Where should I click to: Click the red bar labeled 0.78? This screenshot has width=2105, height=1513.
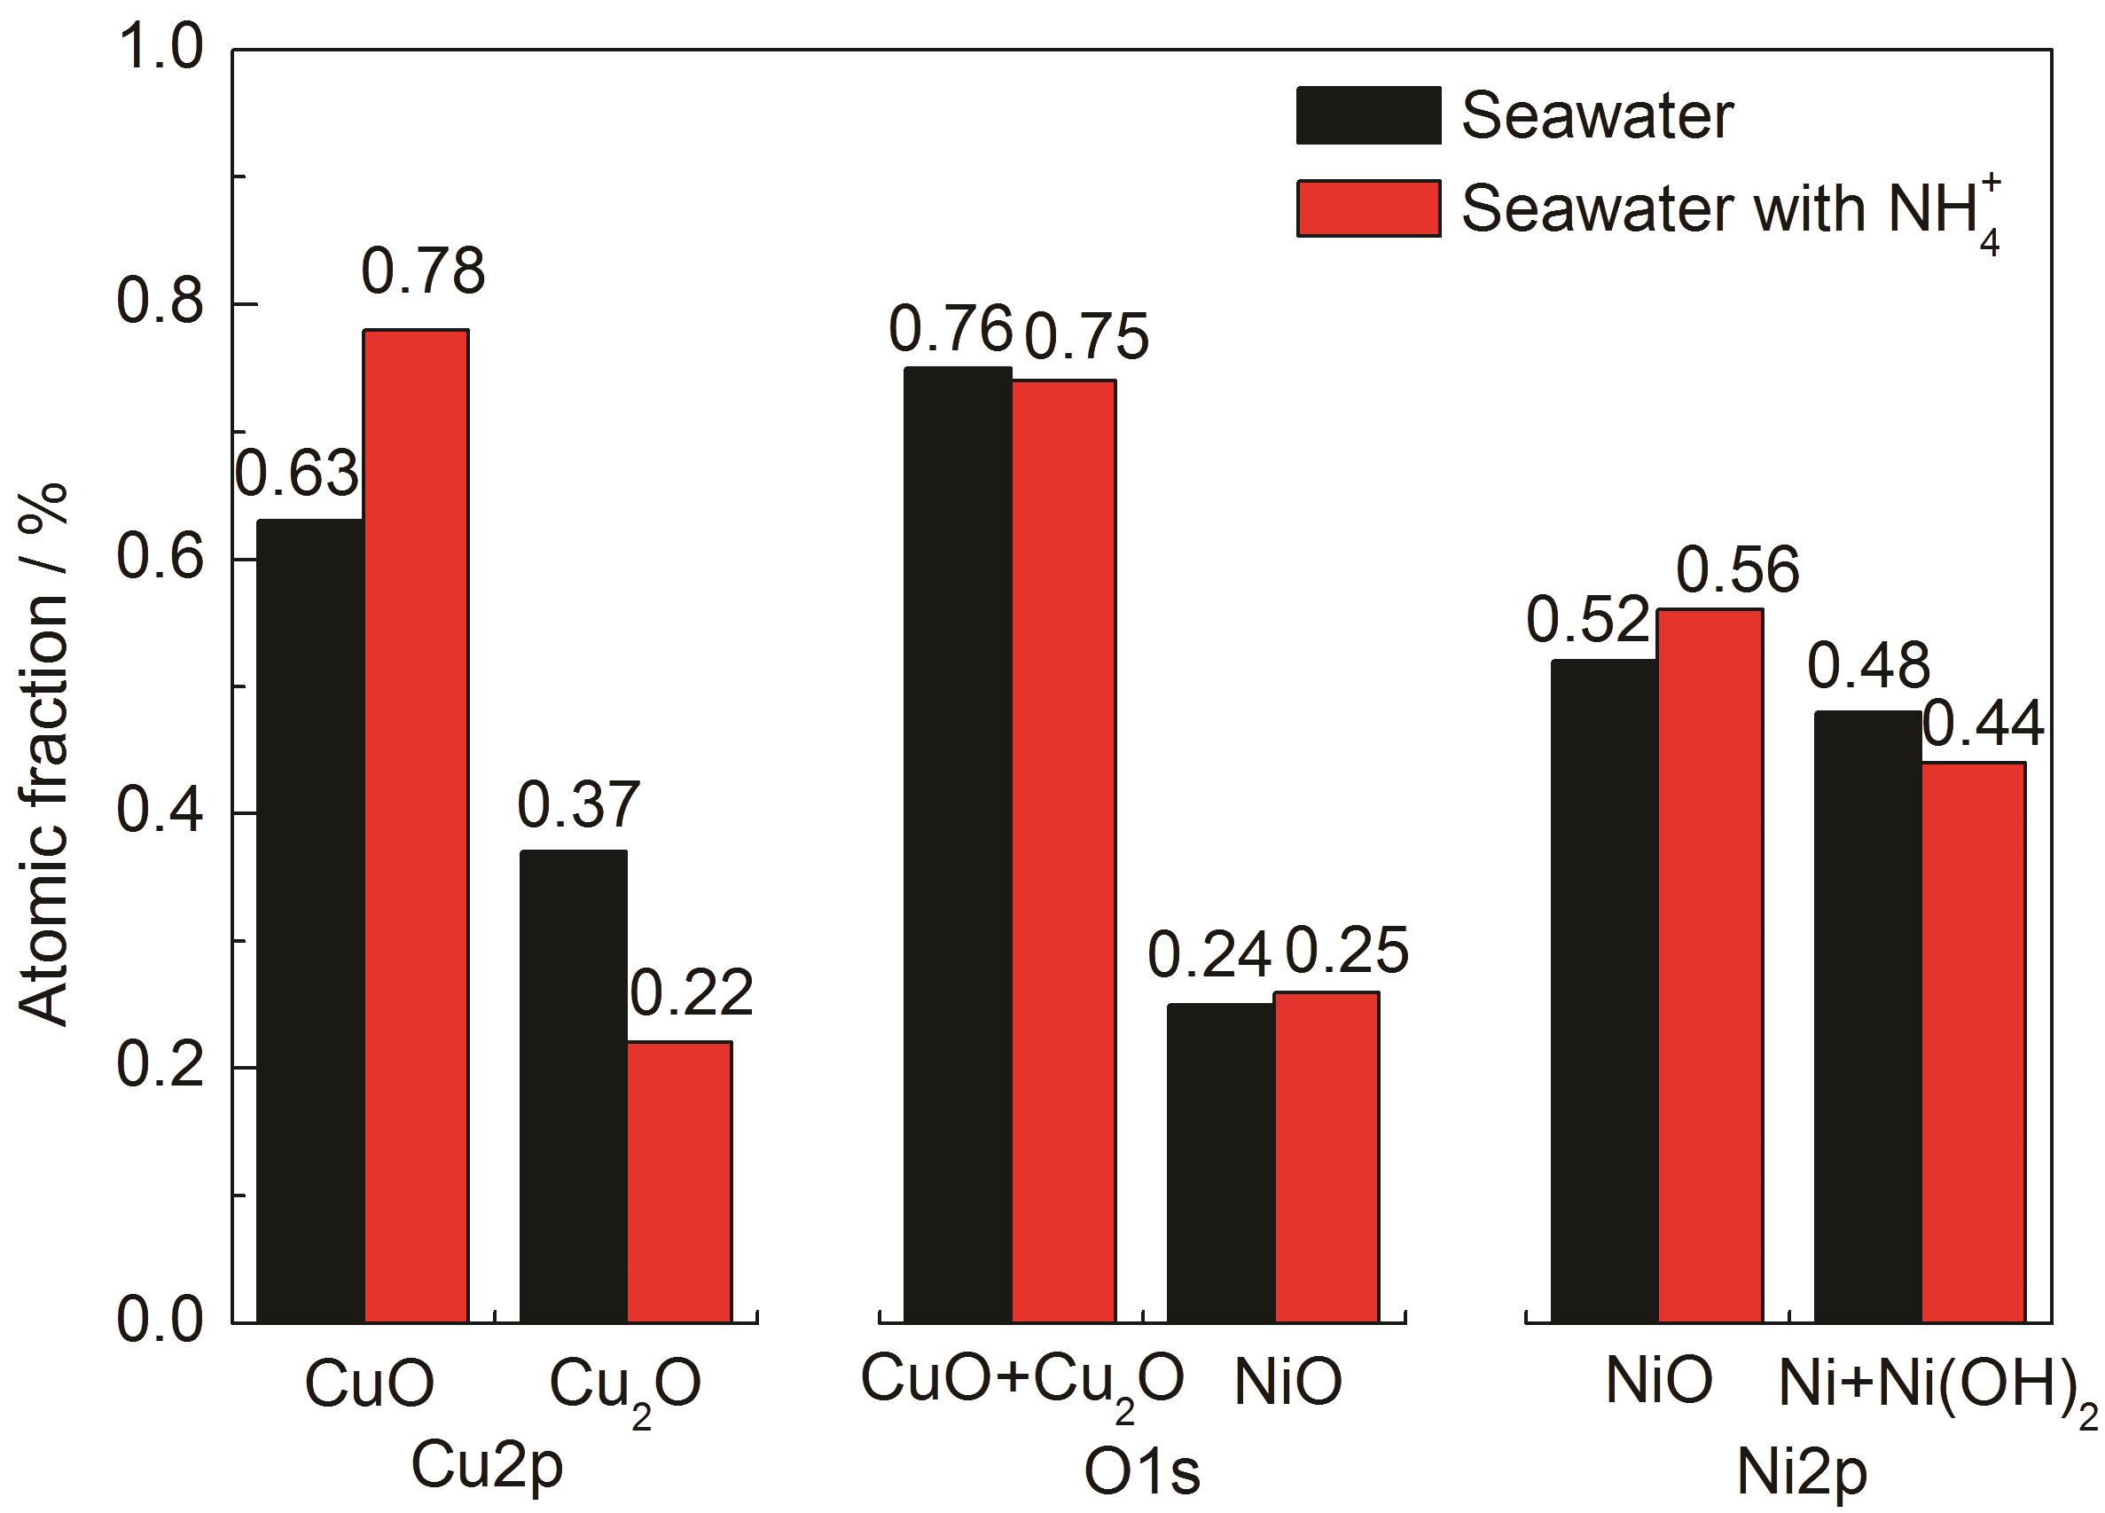coord(416,825)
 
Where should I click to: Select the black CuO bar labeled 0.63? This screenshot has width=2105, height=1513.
coord(310,920)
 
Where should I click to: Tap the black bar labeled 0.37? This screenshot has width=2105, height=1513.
coord(573,1086)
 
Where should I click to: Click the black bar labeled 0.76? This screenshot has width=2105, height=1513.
coord(958,843)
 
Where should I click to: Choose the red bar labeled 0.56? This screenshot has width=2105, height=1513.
coord(1710,965)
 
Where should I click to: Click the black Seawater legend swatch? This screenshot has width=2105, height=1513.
coord(1368,116)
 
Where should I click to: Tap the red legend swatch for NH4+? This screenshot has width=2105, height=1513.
coord(1368,208)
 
